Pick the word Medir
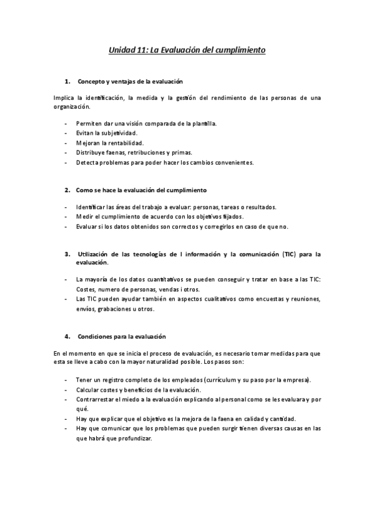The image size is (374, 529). click(x=84, y=216)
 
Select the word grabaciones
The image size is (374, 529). click(x=117, y=309)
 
